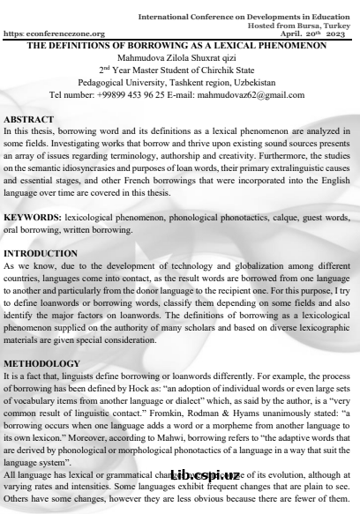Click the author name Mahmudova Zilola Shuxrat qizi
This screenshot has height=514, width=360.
coord(179,58)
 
